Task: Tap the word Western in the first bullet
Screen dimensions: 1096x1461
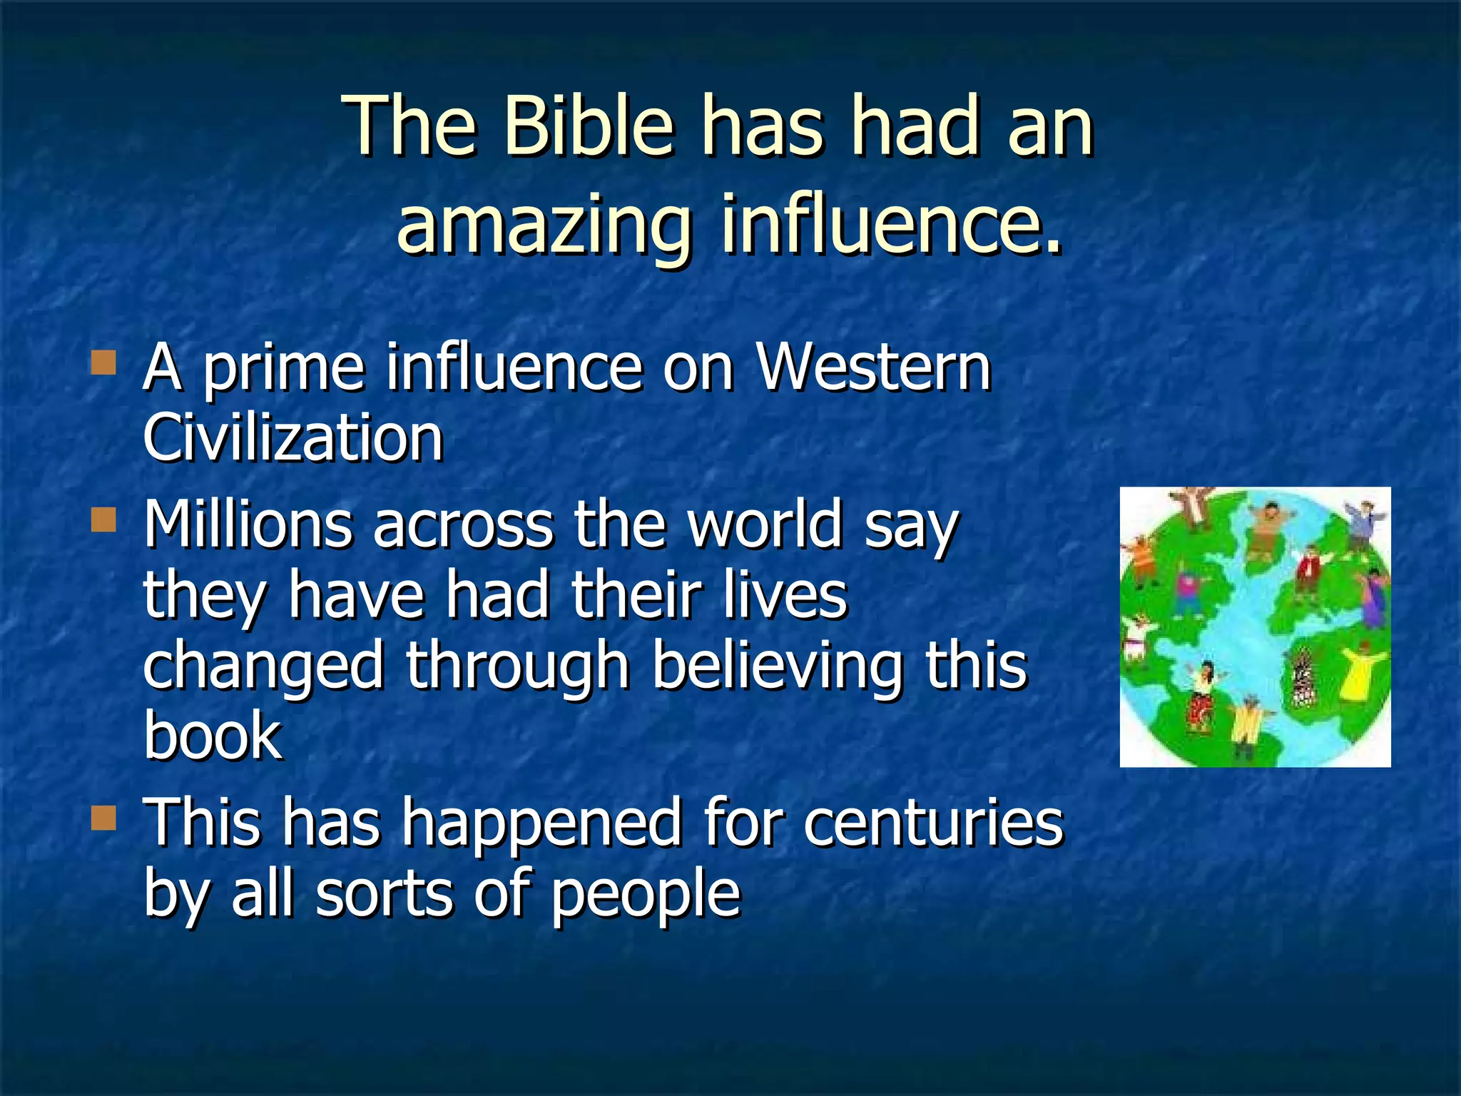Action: [x=873, y=368]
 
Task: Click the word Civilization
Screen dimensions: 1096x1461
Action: [x=293, y=438]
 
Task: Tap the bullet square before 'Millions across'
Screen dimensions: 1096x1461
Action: [x=104, y=520]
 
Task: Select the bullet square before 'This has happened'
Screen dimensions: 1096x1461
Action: [x=104, y=818]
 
